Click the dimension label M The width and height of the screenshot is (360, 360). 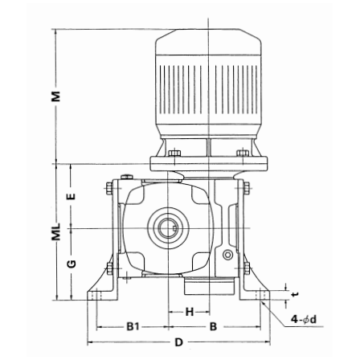(56, 96)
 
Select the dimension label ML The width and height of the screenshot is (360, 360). (56, 231)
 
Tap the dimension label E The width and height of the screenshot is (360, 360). (72, 196)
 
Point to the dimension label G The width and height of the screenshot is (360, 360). (72, 264)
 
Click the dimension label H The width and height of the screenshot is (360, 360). (190, 312)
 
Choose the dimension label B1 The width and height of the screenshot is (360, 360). (133, 327)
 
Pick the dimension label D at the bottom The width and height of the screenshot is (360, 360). (178, 342)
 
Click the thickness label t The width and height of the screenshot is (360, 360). (295, 294)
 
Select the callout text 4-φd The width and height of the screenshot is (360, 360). (304, 319)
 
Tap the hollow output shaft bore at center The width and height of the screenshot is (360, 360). (168, 228)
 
